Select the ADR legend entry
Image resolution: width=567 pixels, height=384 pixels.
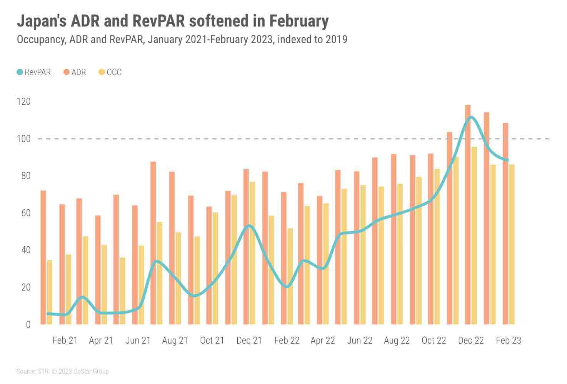[75, 72]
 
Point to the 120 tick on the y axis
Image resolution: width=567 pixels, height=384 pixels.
[23, 102]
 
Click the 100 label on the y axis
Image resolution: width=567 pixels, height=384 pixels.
[23, 139]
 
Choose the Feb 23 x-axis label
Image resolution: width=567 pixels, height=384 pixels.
[508, 341]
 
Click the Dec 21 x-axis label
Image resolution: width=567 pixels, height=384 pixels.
[249, 341]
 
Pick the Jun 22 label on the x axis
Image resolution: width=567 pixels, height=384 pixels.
[360, 341]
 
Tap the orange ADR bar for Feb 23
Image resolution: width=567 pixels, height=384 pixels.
[505, 224]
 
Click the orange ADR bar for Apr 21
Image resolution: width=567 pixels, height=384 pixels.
[98, 270]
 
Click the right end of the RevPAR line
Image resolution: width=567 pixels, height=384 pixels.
[508, 160]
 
